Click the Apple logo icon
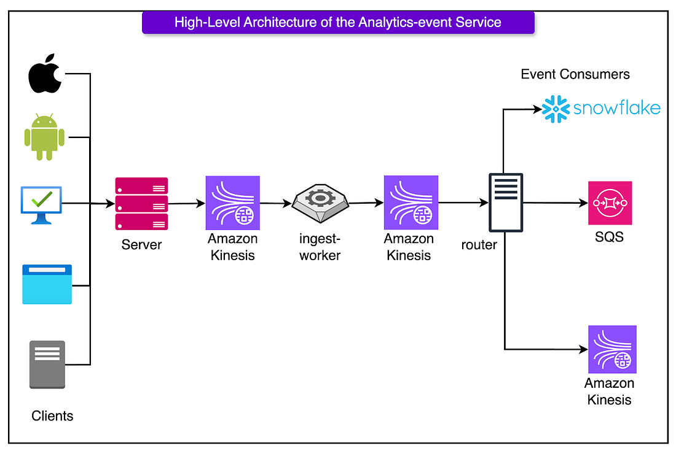coord(45,74)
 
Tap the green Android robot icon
coord(44,137)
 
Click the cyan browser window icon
coord(47,285)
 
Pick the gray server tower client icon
coord(47,364)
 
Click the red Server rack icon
coord(141,204)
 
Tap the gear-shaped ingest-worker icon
coord(320,203)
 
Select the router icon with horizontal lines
coord(506,202)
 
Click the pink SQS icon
coord(610,202)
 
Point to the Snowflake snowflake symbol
coord(556,109)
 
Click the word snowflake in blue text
coord(616,107)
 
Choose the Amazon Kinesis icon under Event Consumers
coord(612,349)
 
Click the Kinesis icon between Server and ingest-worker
coord(233,202)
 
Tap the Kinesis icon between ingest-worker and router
coord(411,202)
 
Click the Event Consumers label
coord(575,74)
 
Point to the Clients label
coord(52,415)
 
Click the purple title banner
coord(338,22)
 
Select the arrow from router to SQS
coord(556,202)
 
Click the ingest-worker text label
coord(320,247)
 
